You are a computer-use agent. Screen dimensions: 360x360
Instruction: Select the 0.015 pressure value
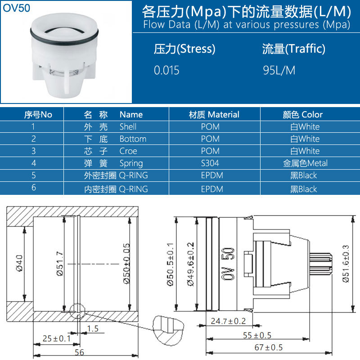pos(166,70)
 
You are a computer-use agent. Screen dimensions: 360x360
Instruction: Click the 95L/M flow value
pos(279,70)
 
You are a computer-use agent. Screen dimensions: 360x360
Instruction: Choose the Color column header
pos(302,114)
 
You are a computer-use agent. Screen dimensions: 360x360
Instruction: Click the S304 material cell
pos(210,163)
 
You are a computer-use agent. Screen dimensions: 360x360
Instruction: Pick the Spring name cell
pos(131,163)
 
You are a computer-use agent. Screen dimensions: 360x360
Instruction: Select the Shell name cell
pos(128,127)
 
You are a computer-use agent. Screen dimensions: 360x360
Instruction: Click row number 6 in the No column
pos(34,188)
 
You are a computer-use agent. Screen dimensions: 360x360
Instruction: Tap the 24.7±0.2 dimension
pos(229,321)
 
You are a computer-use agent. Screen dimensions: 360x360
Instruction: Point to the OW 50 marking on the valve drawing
pos(229,264)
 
